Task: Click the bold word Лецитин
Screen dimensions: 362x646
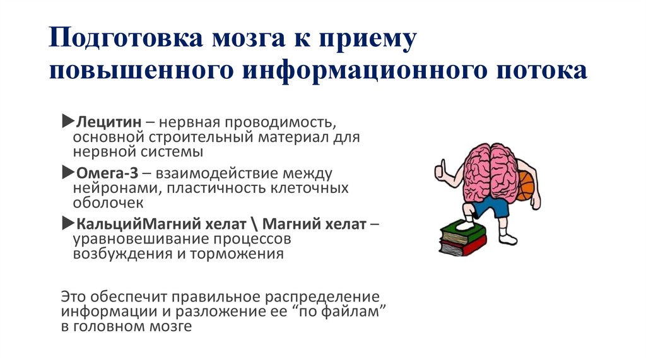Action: (x=107, y=120)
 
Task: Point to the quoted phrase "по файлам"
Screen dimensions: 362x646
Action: (x=346, y=312)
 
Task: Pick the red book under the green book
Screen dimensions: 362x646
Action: (x=464, y=245)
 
